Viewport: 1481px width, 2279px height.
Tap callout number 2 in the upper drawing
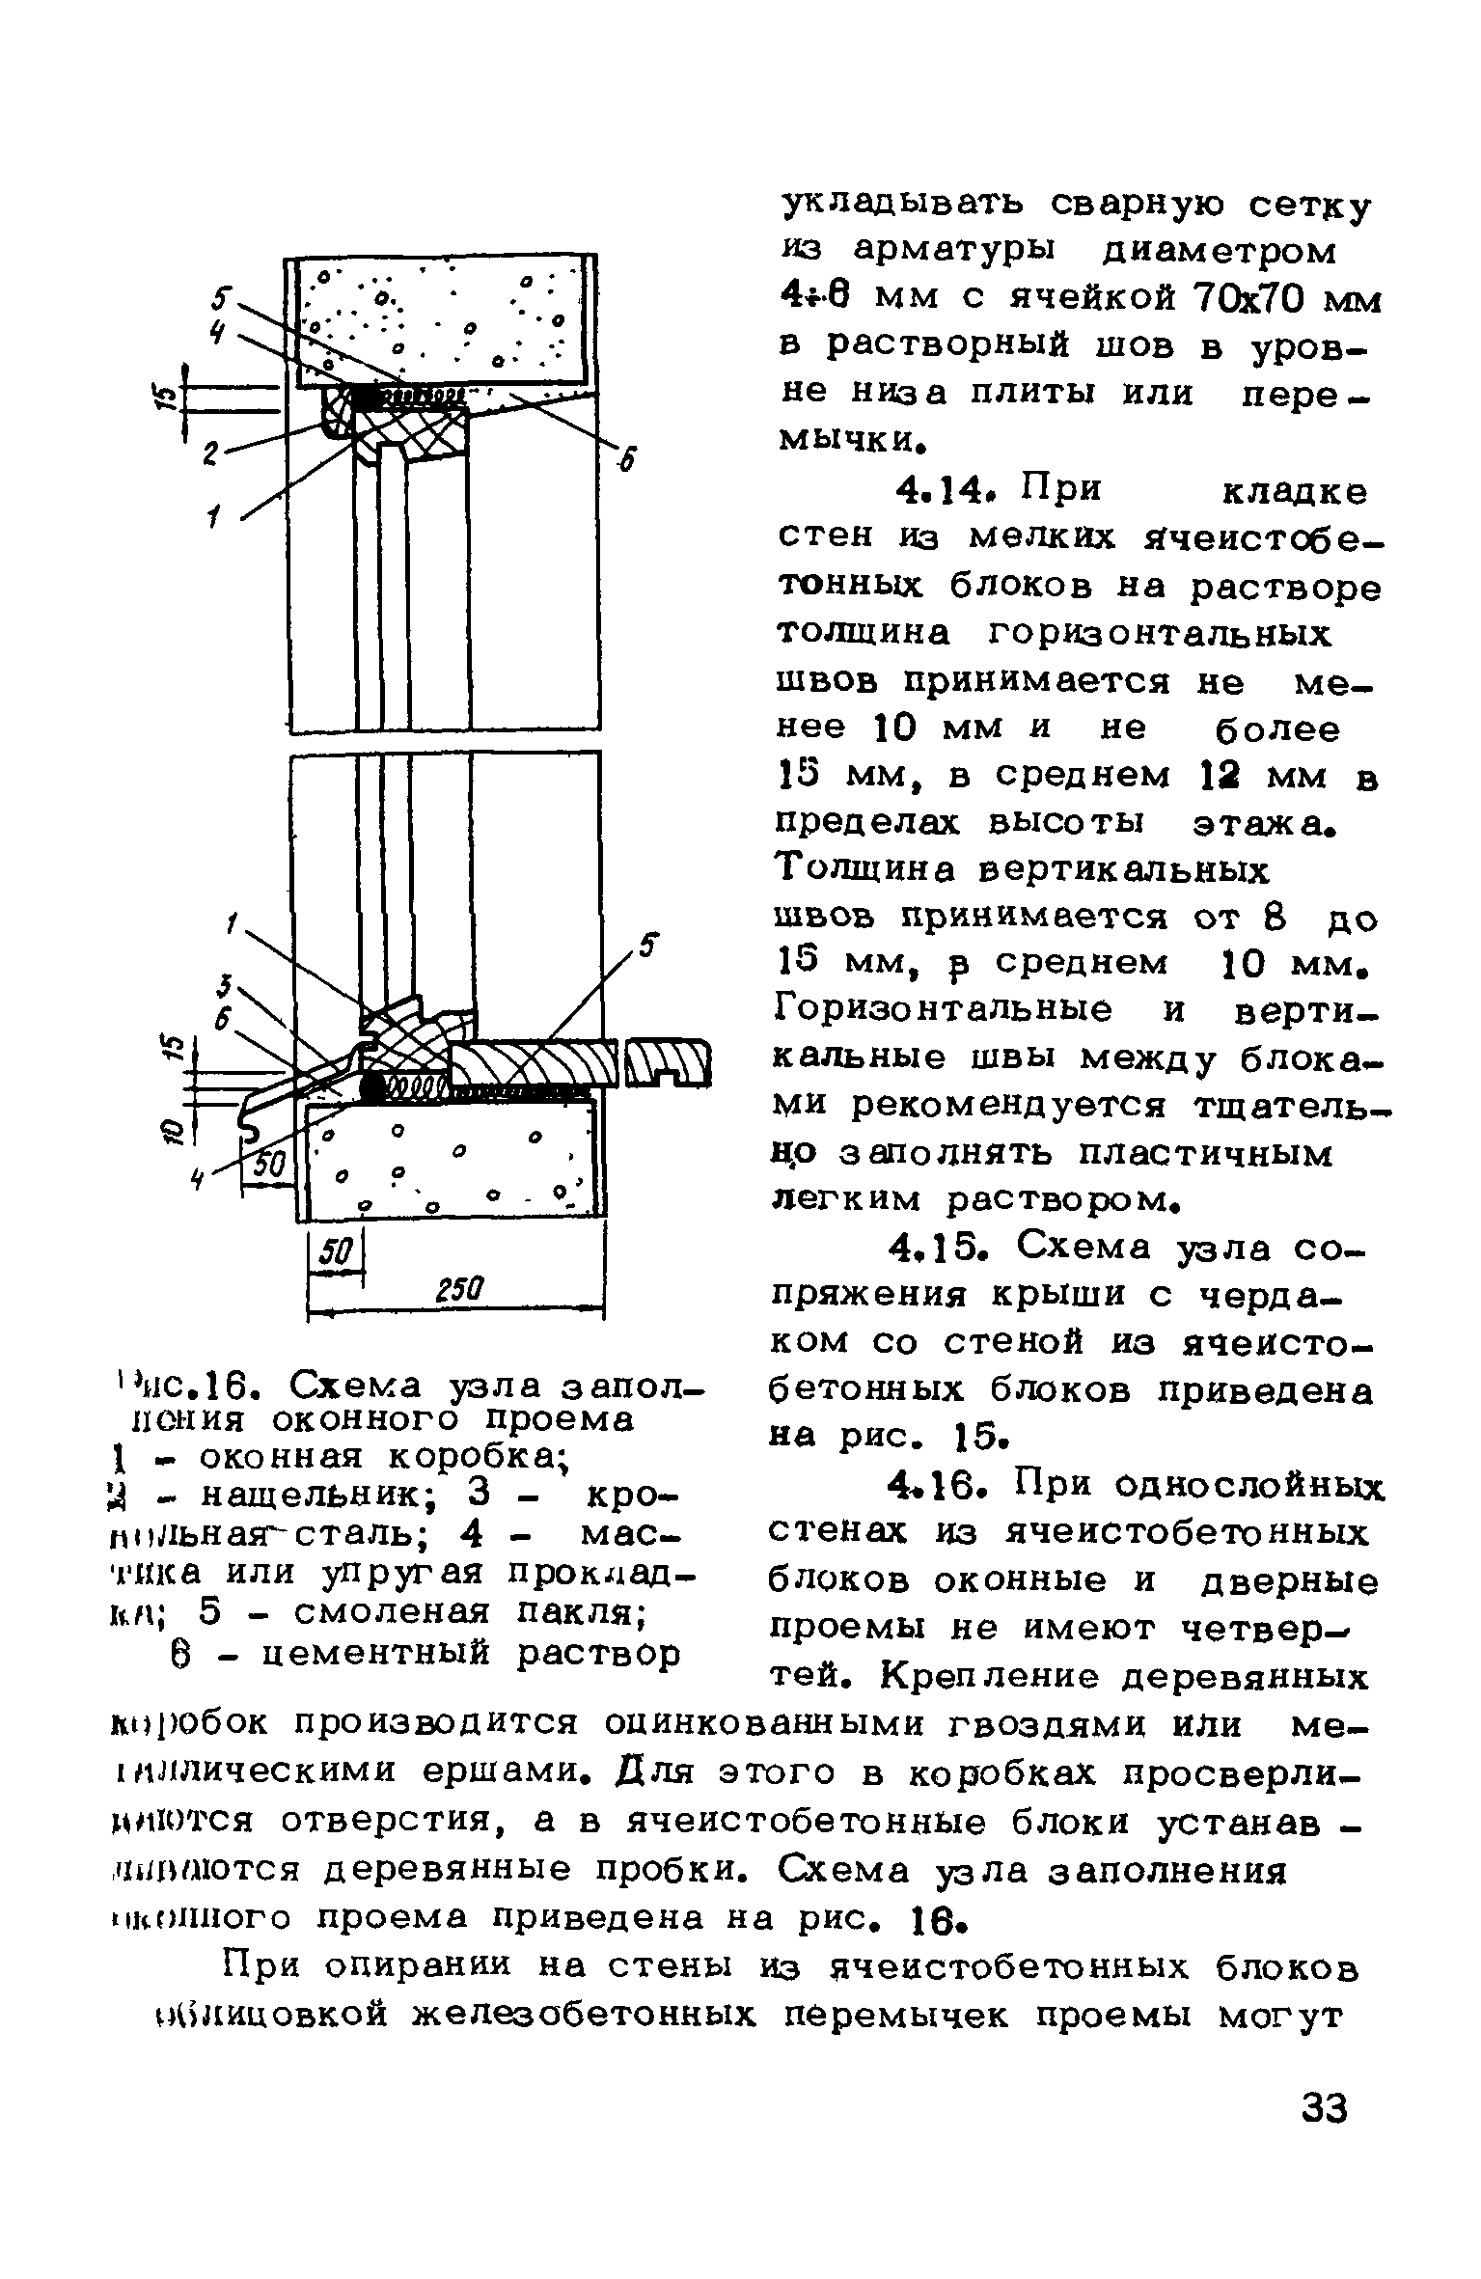point(209,453)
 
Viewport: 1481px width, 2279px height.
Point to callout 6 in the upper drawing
point(628,462)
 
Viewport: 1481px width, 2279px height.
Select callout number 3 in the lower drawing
point(224,985)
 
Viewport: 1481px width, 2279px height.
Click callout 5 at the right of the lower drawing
point(649,946)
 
